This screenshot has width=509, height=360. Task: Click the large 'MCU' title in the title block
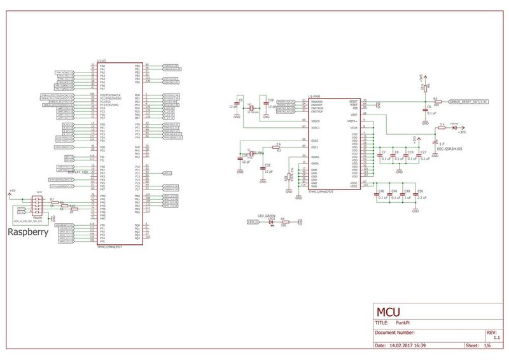(389, 314)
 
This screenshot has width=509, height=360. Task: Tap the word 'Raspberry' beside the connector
(29, 233)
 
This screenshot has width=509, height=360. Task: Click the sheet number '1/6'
(487, 345)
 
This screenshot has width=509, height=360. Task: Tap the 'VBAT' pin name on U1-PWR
(354, 114)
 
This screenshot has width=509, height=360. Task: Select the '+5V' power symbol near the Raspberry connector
(11, 190)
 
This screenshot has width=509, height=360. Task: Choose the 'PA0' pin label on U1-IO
(102, 66)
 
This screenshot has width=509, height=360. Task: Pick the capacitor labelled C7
(382, 156)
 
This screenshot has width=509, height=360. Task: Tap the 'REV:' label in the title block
(490, 331)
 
